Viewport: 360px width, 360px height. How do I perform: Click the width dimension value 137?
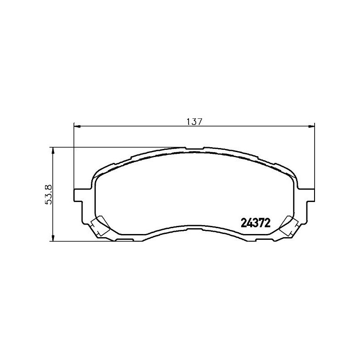pyautogui.click(x=194, y=121)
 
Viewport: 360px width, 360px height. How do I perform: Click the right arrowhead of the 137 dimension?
pyautogui.click(x=311, y=126)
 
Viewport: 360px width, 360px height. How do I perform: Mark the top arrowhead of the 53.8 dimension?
pyautogui.click(x=54, y=150)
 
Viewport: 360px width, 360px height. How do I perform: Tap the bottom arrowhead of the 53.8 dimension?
pyautogui.click(x=54, y=238)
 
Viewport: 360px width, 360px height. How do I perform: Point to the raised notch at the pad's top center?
pyautogui.click(x=194, y=148)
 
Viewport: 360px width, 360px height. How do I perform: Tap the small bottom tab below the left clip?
pyautogui.click(x=124, y=241)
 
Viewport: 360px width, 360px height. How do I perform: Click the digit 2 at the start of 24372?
pyautogui.click(x=244, y=222)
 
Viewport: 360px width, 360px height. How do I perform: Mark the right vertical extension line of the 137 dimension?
pyautogui.click(x=315, y=157)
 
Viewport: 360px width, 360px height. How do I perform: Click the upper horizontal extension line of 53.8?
pyautogui.click(x=117, y=147)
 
